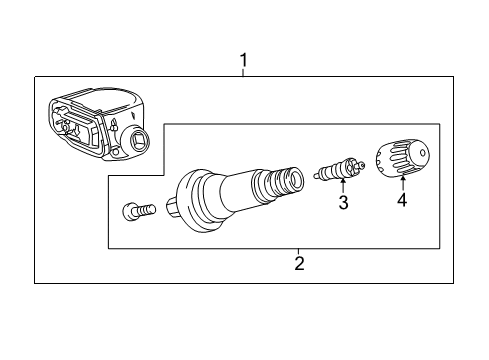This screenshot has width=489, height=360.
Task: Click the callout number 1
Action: pyautogui.click(x=244, y=62)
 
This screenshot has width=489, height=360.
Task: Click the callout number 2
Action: pyautogui.click(x=298, y=264)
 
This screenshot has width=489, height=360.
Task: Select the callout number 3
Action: pyautogui.click(x=343, y=204)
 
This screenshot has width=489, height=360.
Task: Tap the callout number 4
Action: pyautogui.click(x=404, y=201)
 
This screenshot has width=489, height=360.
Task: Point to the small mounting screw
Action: pyautogui.click(x=139, y=211)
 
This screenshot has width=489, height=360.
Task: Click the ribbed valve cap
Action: pyautogui.click(x=402, y=159)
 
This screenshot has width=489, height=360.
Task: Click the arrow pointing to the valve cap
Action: pyautogui.click(x=404, y=184)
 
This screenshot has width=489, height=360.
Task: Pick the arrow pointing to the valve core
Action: pyautogui.click(x=343, y=187)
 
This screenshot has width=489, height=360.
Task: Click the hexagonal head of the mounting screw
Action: pyautogui.click(x=130, y=211)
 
